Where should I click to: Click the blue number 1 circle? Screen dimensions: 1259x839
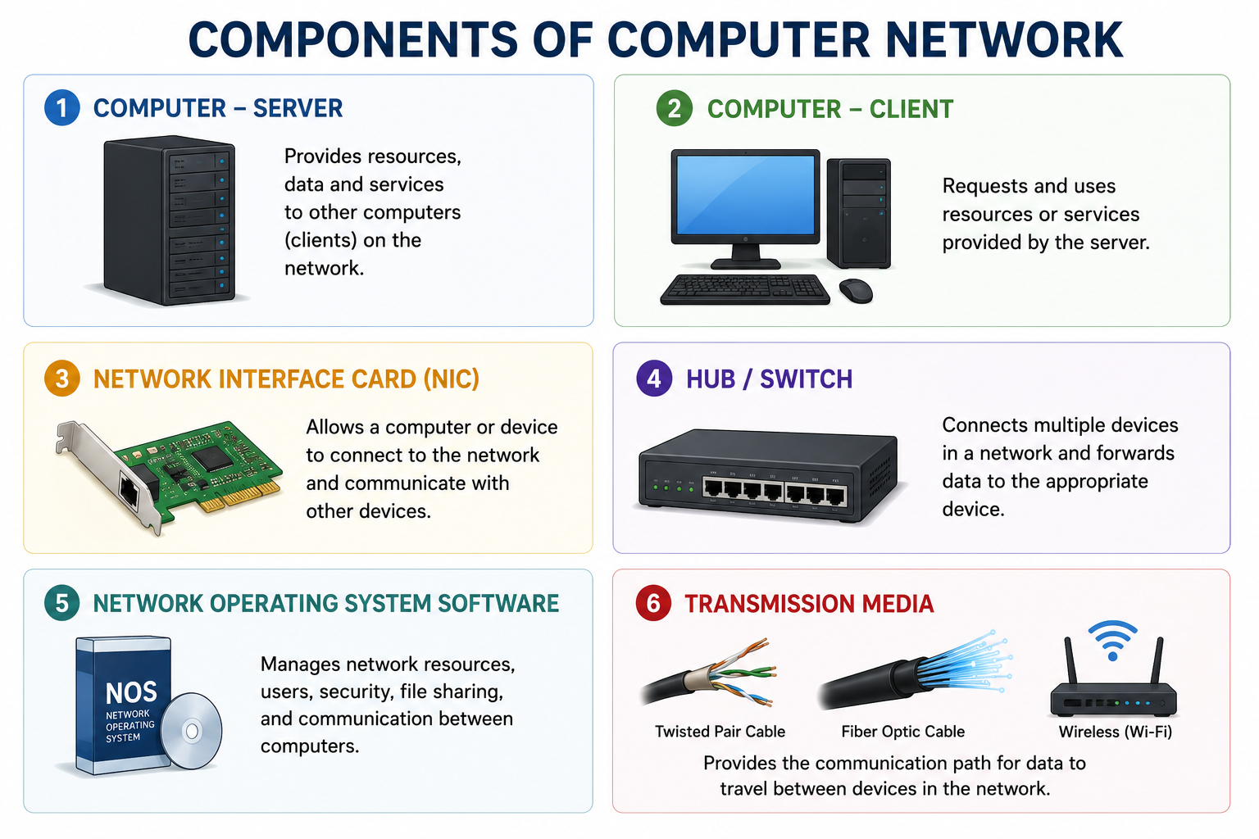(61, 107)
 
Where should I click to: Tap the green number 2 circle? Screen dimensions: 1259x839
(674, 108)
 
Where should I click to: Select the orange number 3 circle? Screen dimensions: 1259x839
(61, 379)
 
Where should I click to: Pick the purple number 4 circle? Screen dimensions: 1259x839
(653, 379)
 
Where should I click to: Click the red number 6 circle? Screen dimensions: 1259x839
(653, 603)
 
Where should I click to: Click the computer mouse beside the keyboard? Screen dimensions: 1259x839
(856, 291)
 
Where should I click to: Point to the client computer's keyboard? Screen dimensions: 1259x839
(745, 289)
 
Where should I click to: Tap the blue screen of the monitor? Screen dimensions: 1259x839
(745, 194)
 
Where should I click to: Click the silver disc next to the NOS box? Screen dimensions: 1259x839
(191, 731)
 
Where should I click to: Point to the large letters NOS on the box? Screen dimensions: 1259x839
(131, 693)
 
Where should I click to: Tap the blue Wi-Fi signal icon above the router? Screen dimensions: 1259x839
(1112, 641)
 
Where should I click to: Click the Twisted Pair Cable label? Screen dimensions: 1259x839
(720, 731)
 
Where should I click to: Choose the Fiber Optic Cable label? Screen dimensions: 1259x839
(902, 731)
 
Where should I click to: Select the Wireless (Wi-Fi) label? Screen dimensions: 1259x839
(1115, 732)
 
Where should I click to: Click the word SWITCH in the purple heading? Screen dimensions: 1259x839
(806, 379)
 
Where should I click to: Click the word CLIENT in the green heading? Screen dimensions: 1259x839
(911, 109)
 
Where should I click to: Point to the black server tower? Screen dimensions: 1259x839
(169, 220)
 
